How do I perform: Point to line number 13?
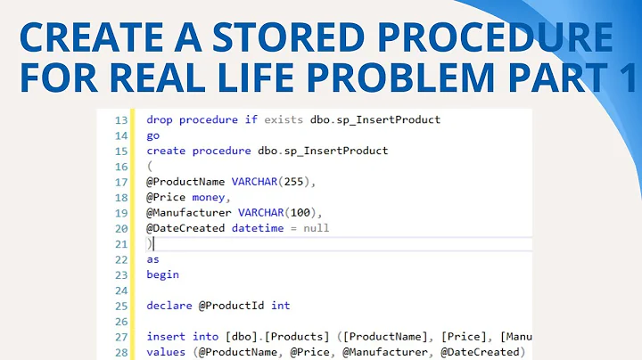point(122,119)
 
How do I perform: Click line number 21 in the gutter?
point(122,243)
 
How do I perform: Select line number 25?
point(122,306)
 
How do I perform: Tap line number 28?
point(122,352)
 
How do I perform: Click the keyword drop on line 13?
point(160,119)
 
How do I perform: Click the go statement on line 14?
point(153,135)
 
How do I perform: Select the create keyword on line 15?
point(166,151)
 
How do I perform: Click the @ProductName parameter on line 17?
point(185,182)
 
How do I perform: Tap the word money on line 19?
point(210,197)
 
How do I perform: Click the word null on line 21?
point(315,228)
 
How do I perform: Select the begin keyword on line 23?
point(163,274)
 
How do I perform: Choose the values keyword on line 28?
point(166,352)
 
